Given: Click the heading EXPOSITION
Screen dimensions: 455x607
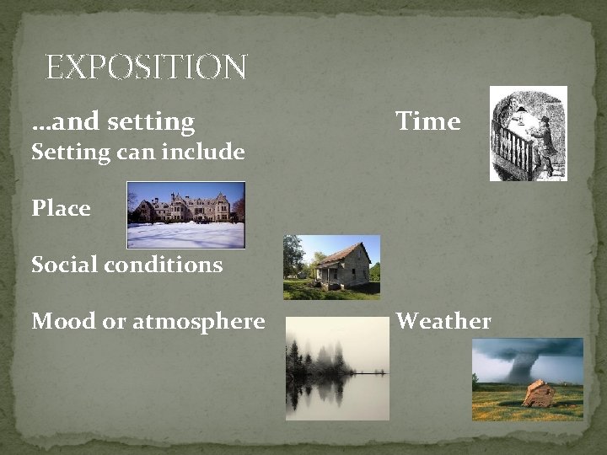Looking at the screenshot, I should click(146, 67).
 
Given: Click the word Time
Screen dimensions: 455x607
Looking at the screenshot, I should click(428, 121).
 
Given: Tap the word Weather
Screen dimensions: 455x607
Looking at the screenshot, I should click(443, 321).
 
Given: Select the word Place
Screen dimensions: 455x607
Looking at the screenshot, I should click(61, 207).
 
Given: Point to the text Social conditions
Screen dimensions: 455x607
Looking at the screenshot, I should click(127, 265).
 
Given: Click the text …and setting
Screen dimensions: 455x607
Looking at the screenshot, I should click(113, 121).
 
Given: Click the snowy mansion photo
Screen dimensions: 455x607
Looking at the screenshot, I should click(185, 215).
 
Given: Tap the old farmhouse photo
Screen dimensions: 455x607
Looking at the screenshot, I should click(331, 267).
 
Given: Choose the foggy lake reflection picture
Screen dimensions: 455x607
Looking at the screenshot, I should click(337, 368).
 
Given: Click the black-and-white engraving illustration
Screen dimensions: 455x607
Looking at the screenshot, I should click(528, 133).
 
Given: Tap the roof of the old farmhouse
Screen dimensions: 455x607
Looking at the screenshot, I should click(341, 252).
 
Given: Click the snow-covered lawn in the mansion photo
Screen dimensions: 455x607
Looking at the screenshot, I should click(185, 235).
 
